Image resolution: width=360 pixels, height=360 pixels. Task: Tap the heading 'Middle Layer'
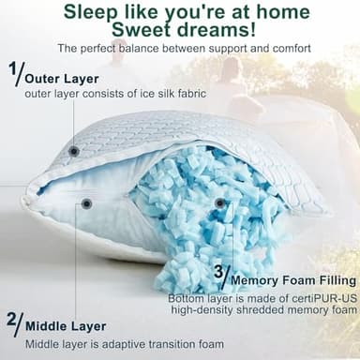(x=66, y=326)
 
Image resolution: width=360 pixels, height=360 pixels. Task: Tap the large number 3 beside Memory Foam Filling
(x=221, y=273)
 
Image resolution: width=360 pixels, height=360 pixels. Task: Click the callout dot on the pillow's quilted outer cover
(x=74, y=151)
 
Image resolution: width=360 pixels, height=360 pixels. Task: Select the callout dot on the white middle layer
(x=86, y=203)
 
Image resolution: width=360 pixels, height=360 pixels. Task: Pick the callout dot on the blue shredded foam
(x=219, y=202)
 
